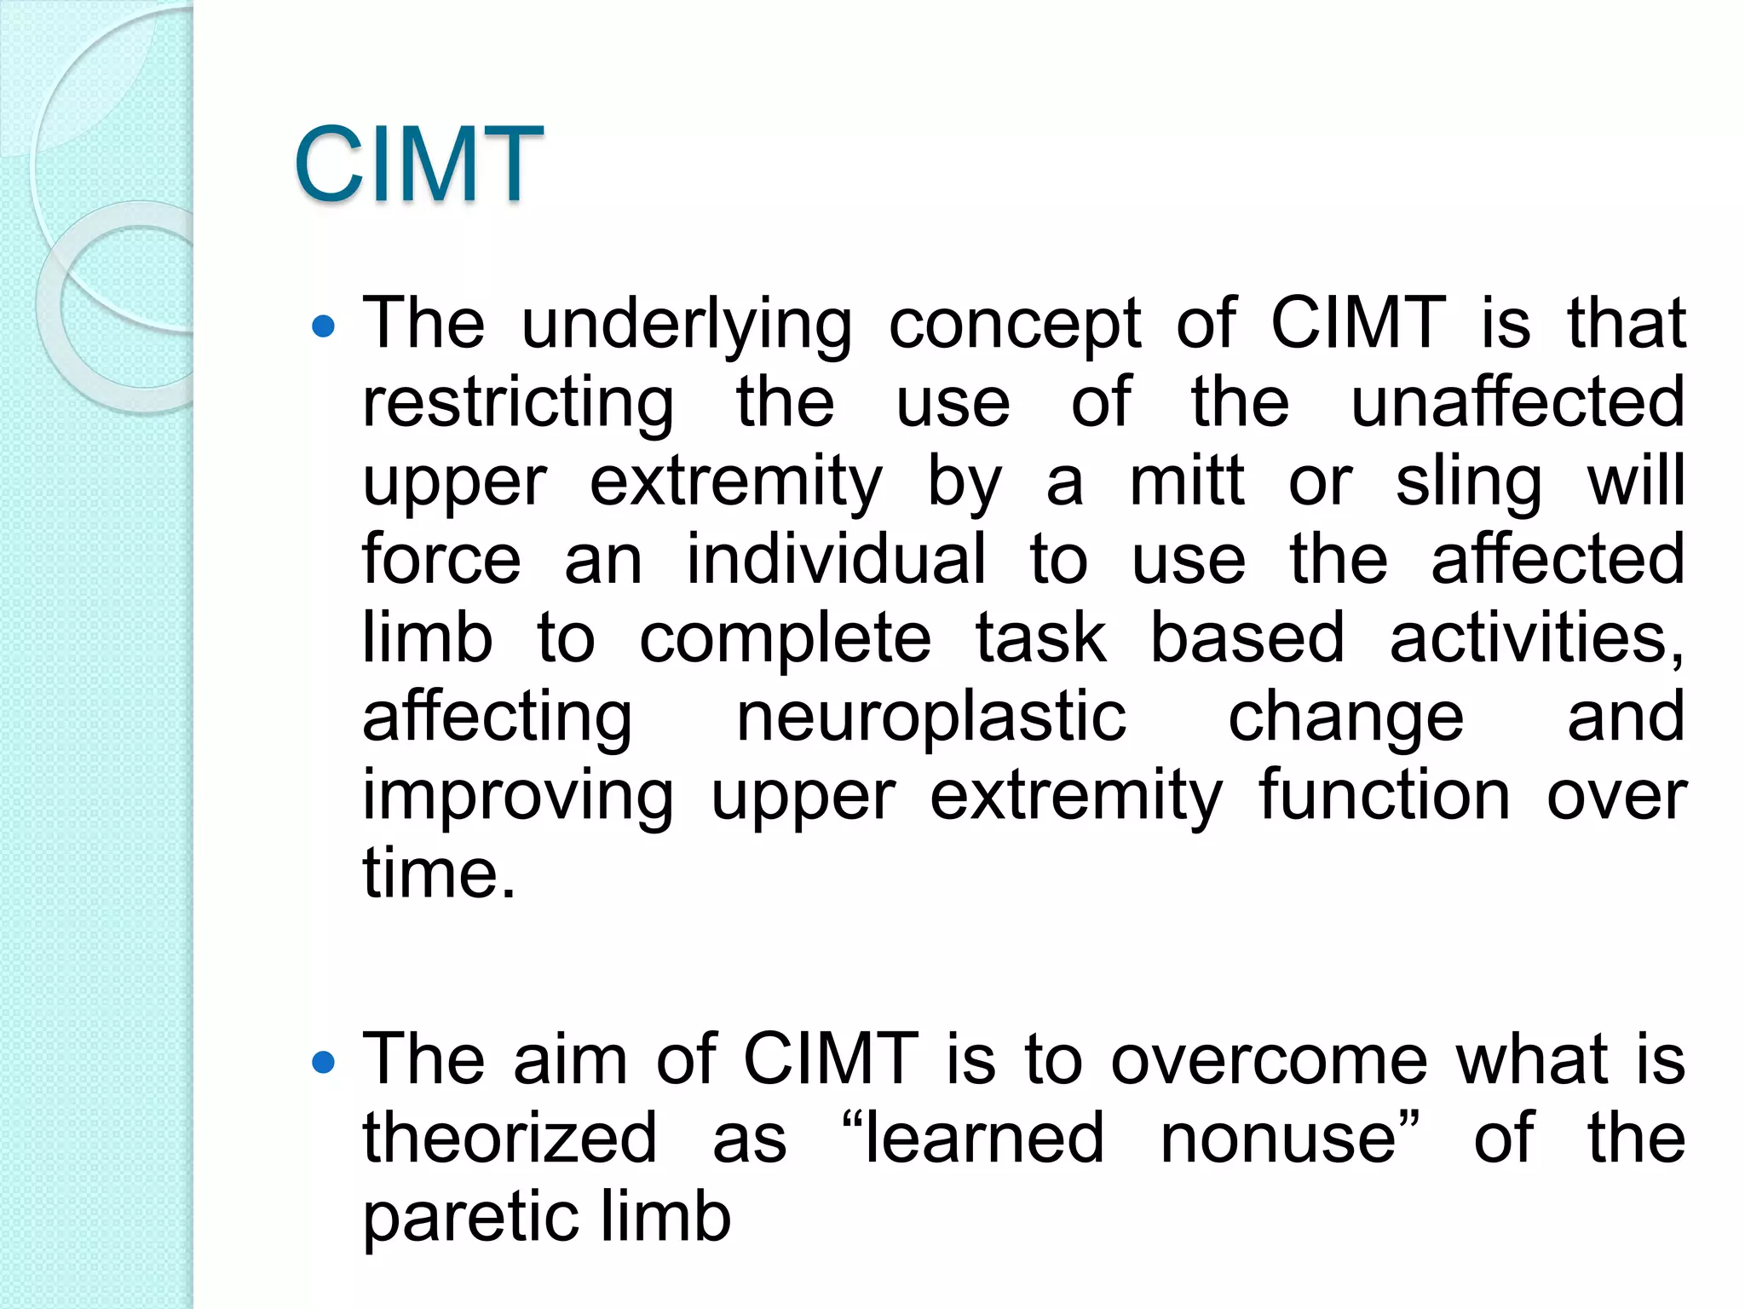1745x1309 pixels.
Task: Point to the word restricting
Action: [518, 403]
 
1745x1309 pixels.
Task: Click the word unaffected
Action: [1518, 401]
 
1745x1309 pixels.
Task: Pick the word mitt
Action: [1187, 482]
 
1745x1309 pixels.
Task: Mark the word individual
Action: [836, 559]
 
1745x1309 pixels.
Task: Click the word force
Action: [441, 559]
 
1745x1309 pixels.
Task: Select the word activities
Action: [1536, 638]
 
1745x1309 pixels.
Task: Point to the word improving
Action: [518, 797]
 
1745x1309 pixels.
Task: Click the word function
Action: [1385, 795]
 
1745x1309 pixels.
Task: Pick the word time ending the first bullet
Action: [439, 874]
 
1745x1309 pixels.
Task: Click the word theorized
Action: [510, 1139]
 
